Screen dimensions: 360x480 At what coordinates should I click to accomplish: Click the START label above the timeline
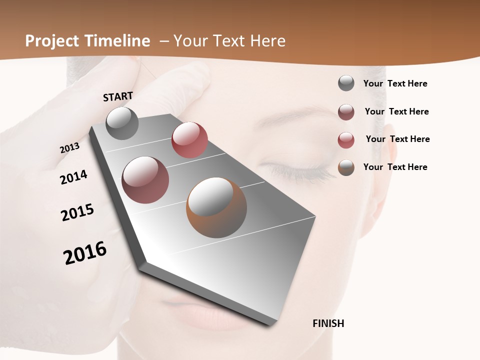(118, 96)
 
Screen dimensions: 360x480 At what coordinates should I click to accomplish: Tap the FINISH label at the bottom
(328, 323)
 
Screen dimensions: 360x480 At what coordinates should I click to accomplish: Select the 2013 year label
(69, 148)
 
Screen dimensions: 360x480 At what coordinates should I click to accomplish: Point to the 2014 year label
(73, 177)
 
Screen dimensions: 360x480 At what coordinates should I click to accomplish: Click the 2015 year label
(77, 212)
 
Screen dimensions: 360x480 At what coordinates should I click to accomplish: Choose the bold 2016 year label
(85, 253)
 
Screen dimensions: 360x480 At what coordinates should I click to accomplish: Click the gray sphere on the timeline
(122, 123)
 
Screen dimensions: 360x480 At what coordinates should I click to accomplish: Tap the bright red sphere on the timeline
(189, 140)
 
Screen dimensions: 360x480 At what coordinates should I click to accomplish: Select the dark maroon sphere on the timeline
(145, 180)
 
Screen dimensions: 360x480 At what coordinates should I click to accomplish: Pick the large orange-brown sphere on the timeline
(216, 207)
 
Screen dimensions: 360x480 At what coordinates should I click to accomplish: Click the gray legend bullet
(346, 83)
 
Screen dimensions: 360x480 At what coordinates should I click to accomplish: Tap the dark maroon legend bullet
(346, 112)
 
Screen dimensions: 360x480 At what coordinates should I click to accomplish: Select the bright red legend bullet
(346, 140)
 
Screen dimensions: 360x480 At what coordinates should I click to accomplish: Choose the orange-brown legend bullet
(346, 167)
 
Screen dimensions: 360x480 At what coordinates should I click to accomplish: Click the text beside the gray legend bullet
(395, 83)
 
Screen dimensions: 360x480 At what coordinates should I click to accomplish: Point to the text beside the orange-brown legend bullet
(395, 167)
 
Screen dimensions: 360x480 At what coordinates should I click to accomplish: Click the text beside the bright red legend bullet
(397, 139)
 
